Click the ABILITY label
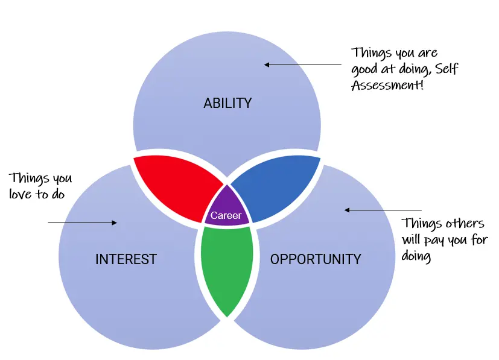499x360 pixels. coord(227,103)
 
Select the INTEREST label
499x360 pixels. coord(126,259)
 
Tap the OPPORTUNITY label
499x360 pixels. coord(316,259)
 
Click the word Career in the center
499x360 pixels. coord(226,215)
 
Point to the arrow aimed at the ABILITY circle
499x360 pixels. coord(302,65)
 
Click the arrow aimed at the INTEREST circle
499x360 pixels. coord(82,223)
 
